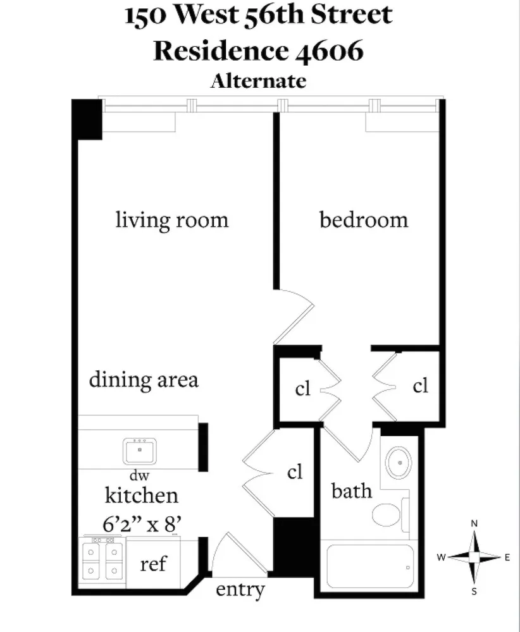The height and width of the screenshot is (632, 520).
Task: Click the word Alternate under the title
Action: [x=258, y=81]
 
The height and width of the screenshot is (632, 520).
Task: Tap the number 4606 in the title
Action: [x=330, y=51]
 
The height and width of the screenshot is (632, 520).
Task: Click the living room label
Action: [x=172, y=220]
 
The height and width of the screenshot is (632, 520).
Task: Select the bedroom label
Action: [x=364, y=220]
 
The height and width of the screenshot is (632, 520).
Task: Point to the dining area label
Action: [x=144, y=379]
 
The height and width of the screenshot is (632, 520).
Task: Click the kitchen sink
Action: [x=140, y=451]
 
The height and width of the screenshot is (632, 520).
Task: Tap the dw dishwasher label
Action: [x=139, y=475]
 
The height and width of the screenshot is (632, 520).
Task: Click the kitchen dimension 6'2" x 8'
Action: [x=142, y=525]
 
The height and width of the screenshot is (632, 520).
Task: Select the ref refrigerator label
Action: [x=153, y=564]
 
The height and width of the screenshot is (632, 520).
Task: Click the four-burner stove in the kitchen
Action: [x=103, y=561]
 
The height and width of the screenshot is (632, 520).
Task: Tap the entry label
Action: [x=240, y=589]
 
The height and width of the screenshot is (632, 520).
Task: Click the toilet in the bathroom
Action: [x=390, y=514]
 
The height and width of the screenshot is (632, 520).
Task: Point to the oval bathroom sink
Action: [x=399, y=463]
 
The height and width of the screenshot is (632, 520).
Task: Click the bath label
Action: [x=351, y=490]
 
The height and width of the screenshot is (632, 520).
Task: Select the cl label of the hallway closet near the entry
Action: [x=295, y=471]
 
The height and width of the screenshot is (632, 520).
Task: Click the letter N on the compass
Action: [x=474, y=523]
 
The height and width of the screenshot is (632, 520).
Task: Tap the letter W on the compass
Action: [x=442, y=557]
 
